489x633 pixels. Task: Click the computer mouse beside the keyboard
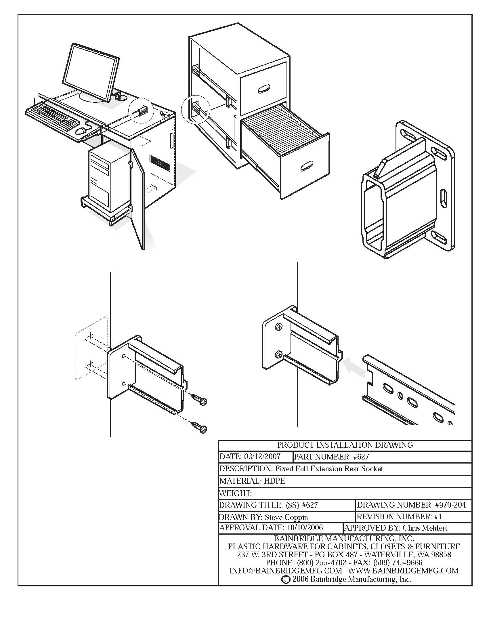pyautogui.click(x=81, y=131)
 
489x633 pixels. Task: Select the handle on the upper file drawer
pyautogui.click(x=263, y=89)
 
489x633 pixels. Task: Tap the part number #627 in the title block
pyautogui.click(x=361, y=457)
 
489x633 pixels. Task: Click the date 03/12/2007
pyautogui.click(x=262, y=457)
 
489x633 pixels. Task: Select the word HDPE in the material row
pyautogui.click(x=274, y=481)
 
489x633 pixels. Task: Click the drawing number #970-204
pyautogui.click(x=450, y=505)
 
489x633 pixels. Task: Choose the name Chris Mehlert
pyautogui.click(x=425, y=528)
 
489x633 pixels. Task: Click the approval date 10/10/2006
pyautogui.click(x=305, y=528)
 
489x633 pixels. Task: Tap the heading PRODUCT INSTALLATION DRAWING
pyautogui.click(x=345, y=445)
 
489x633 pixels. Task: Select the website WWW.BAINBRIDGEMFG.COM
pyautogui.click(x=403, y=571)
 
